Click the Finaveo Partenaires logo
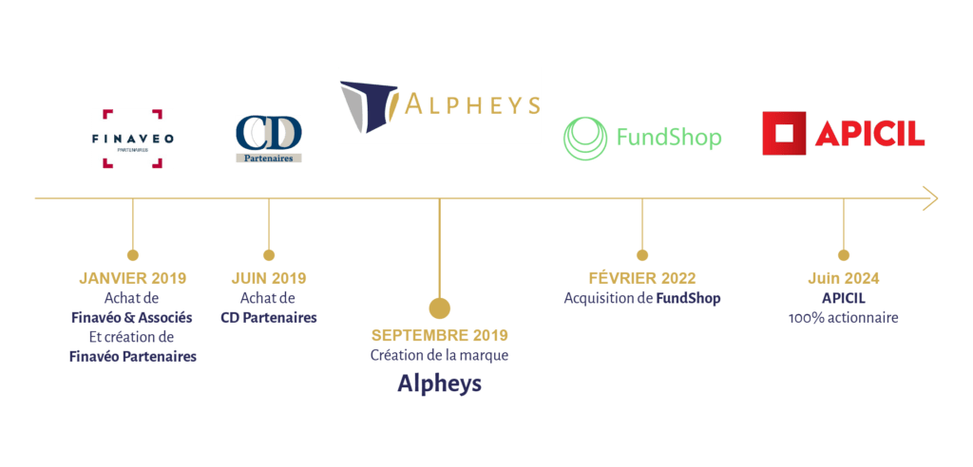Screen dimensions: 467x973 (132, 139)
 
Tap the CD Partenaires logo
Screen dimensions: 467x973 (268, 139)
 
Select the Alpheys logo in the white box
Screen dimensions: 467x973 (439, 105)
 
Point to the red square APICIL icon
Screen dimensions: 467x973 (782, 134)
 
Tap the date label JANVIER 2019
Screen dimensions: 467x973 (133, 278)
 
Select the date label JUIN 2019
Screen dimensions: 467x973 (269, 278)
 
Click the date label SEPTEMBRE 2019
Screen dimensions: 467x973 (439, 335)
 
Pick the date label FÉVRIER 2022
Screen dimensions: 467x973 (642, 278)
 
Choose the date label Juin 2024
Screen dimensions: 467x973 (843, 278)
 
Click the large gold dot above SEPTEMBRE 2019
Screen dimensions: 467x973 (439, 308)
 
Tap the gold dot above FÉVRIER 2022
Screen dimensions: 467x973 (642, 254)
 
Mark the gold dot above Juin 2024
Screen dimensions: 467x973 (843, 254)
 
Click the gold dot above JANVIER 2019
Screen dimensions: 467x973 (133, 254)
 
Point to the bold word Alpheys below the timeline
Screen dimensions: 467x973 (439, 384)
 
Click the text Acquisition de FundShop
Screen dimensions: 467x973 (642, 298)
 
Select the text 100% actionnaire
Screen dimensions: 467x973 (843, 318)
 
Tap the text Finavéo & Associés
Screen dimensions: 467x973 (133, 317)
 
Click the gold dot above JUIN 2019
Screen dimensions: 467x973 (269, 254)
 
